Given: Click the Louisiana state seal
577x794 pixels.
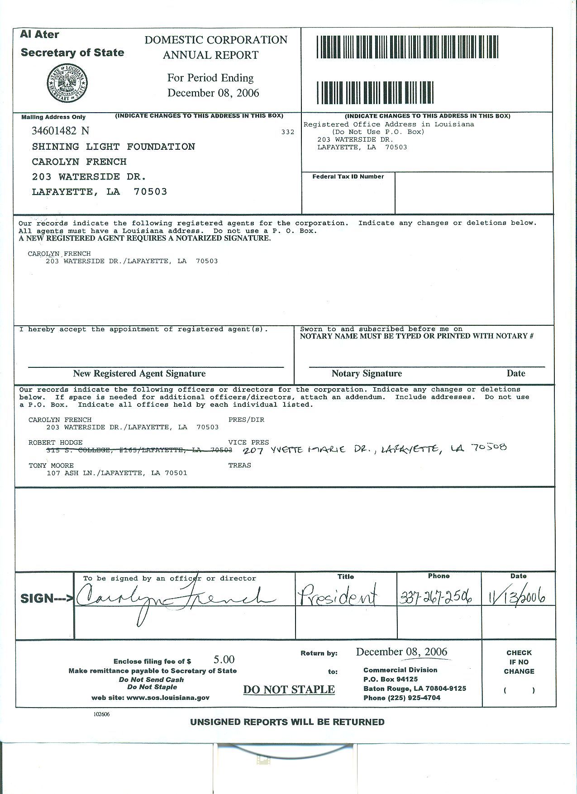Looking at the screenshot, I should pos(67,83).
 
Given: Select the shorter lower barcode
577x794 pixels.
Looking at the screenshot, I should pos(375,93).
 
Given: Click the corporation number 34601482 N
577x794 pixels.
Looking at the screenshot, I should pos(60,131).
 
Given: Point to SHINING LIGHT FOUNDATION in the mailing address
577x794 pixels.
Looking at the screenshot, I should pos(113,147).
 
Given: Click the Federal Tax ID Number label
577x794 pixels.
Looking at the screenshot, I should pos(348,177).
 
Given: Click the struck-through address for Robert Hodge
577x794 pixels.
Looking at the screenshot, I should pos(139,450).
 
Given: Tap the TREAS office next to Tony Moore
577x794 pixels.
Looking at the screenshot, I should pos(240,466).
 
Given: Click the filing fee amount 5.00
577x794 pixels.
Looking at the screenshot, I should pos(224,660).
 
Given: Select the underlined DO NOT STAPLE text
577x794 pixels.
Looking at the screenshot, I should pos(289,689).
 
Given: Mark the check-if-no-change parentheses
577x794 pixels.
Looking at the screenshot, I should pos(519,690).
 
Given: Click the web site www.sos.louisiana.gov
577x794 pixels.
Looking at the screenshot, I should pos(150,698).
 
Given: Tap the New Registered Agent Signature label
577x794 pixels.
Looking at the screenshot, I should pos(139,374).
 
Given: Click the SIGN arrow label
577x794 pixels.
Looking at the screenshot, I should pos(47,599).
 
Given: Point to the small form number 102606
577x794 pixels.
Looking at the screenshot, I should pos(102,714).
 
